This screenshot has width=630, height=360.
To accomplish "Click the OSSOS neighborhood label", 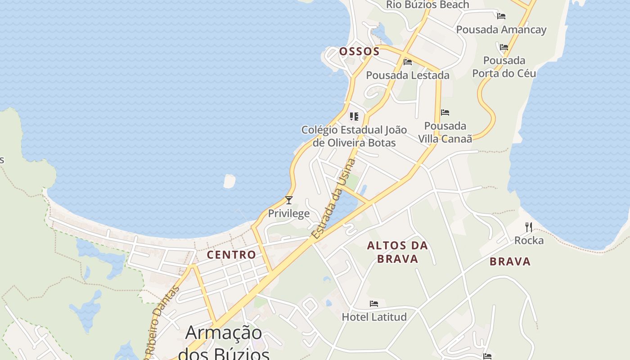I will click(359, 51).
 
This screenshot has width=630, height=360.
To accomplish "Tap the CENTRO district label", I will click(231, 255).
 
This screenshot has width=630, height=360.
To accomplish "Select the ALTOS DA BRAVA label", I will click(397, 252).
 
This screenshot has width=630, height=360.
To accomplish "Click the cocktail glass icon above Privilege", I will click(289, 200).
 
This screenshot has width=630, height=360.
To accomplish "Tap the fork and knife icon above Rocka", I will click(529, 227).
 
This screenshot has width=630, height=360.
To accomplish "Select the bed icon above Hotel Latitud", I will click(374, 304).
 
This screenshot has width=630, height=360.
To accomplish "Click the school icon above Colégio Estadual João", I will click(354, 117).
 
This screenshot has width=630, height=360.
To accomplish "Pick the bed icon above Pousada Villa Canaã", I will click(445, 112).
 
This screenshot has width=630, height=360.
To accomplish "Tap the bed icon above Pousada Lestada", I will click(408, 62).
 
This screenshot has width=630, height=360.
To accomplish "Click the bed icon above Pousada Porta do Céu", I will click(504, 47).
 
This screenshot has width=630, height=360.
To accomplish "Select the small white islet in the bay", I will click(229, 181).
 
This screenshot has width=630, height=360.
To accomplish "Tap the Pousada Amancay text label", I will click(501, 30).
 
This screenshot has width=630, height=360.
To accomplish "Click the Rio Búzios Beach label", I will click(427, 5).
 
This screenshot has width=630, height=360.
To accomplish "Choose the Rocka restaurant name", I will click(529, 240).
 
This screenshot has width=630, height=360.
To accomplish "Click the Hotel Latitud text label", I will click(374, 317).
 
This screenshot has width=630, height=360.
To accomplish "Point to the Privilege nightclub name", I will click(289, 213).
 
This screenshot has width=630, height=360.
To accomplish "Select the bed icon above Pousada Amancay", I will click(501, 16).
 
